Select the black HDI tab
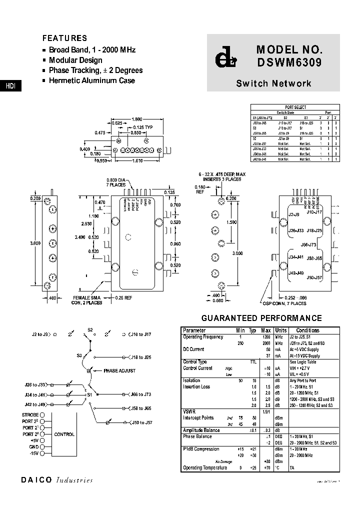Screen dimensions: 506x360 tap(10, 86)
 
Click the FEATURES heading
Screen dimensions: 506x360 tap(64, 38)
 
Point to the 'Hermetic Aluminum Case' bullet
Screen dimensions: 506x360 tap(91, 80)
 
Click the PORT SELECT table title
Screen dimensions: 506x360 tap(295, 107)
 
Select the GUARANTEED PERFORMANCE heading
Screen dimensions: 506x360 tap(261, 318)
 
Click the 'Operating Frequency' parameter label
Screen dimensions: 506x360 tap(203, 337)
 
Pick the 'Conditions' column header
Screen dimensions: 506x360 tap(307, 330)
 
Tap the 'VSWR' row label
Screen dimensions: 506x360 tap(189, 412)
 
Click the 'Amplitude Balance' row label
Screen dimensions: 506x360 tap(201, 430)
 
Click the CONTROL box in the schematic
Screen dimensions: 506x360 tap(64, 434)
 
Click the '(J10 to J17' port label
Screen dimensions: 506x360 tap(142, 334)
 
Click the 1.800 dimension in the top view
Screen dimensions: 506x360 tap(136, 119)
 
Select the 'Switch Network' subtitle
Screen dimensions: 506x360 tap(273, 83)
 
